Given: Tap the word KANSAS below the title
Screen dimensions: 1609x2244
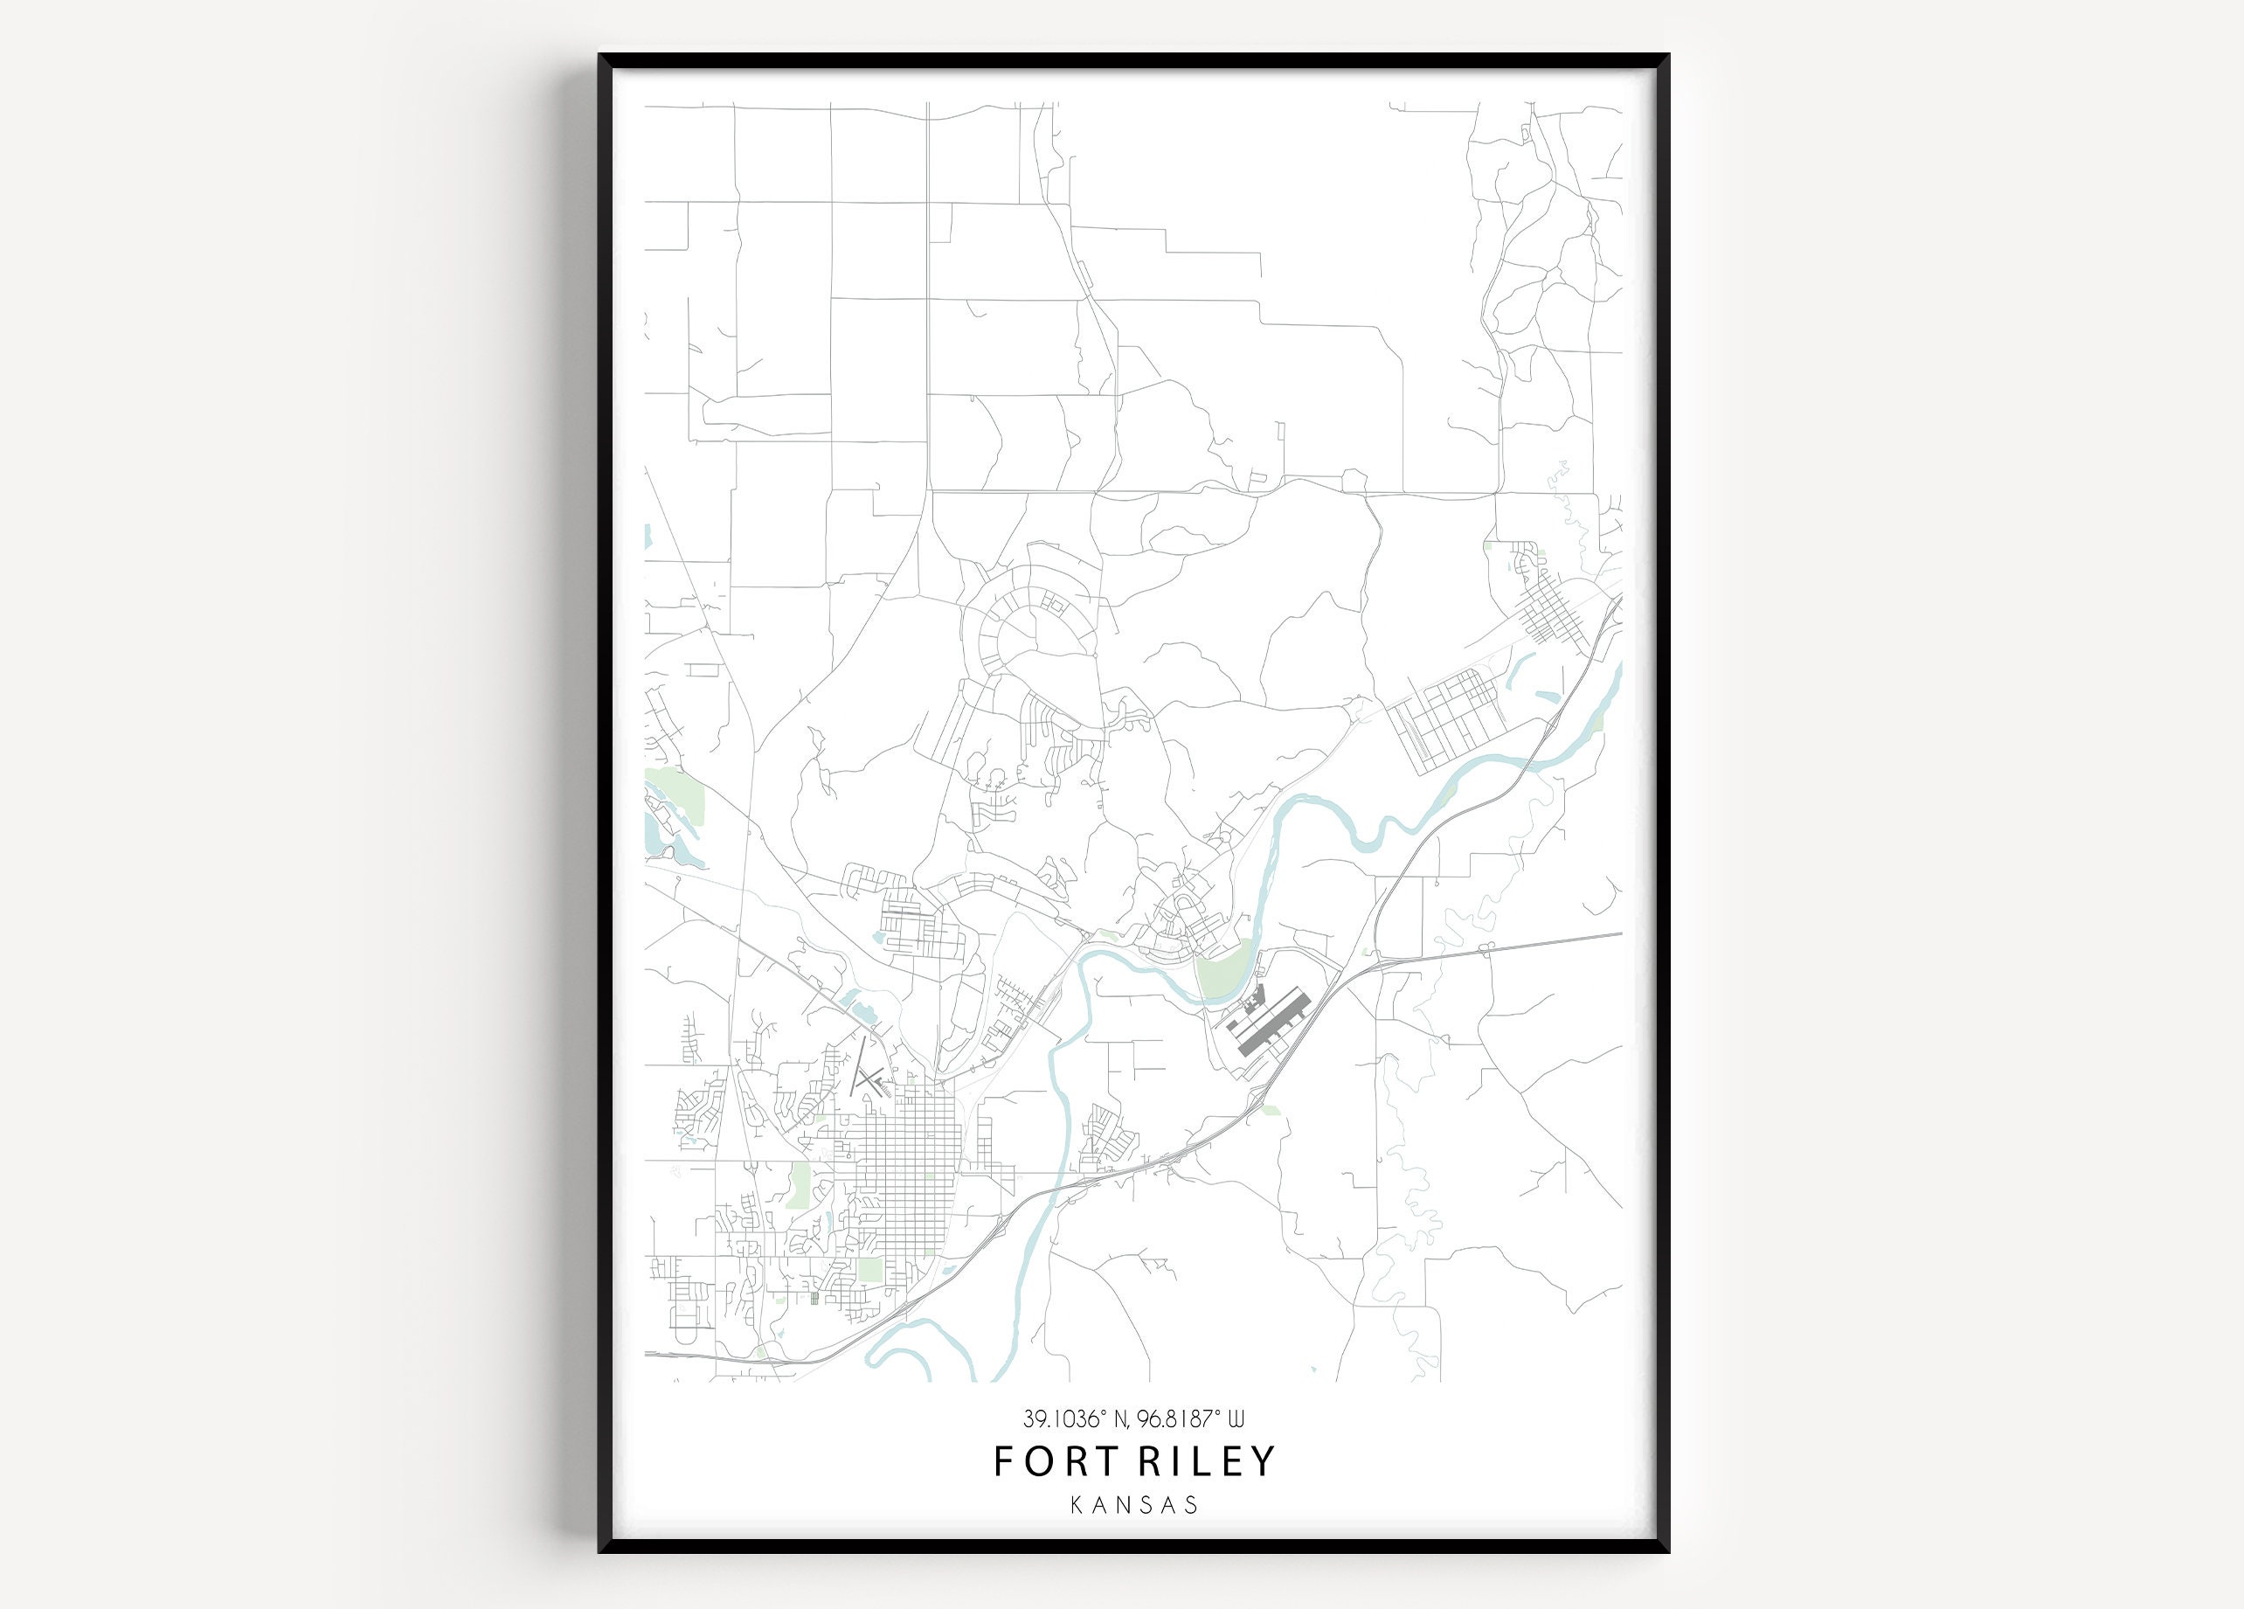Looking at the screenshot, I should click(1134, 1505).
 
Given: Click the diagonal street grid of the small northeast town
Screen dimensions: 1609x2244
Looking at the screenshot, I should click(1548, 614).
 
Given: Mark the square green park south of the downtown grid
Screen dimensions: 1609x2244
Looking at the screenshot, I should click(869, 1270).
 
